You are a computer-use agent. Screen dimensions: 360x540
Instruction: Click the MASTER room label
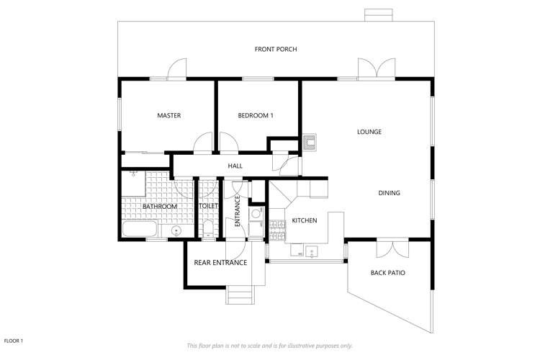(x=168, y=115)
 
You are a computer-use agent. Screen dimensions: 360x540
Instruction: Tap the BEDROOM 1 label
(x=256, y=115)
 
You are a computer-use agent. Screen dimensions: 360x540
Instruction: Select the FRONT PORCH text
(x=276, y=49)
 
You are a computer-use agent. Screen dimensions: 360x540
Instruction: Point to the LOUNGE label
(x=369, y=132)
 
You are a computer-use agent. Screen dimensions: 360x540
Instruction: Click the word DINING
(x=389, y=193)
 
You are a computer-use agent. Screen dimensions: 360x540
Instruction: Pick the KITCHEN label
(x=304, y=220)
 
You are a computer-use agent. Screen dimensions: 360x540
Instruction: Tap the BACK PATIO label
(x=387, y=273)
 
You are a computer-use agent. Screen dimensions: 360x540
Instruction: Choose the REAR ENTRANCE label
(x=220, y=263)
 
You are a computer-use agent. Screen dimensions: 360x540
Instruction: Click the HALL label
(x=235, y=166)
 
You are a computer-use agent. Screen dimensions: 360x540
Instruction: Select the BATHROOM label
(x=159, y=207)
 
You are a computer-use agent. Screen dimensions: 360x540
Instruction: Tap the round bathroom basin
(x=177, y=231)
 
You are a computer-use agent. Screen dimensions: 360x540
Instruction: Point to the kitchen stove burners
(x=276, y=227)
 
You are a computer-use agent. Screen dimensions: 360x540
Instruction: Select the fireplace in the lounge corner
(x=310, y=140)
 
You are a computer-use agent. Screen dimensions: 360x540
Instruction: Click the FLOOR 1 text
(x=14, y=341)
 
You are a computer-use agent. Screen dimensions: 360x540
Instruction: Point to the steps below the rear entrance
(x=240, y=297)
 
